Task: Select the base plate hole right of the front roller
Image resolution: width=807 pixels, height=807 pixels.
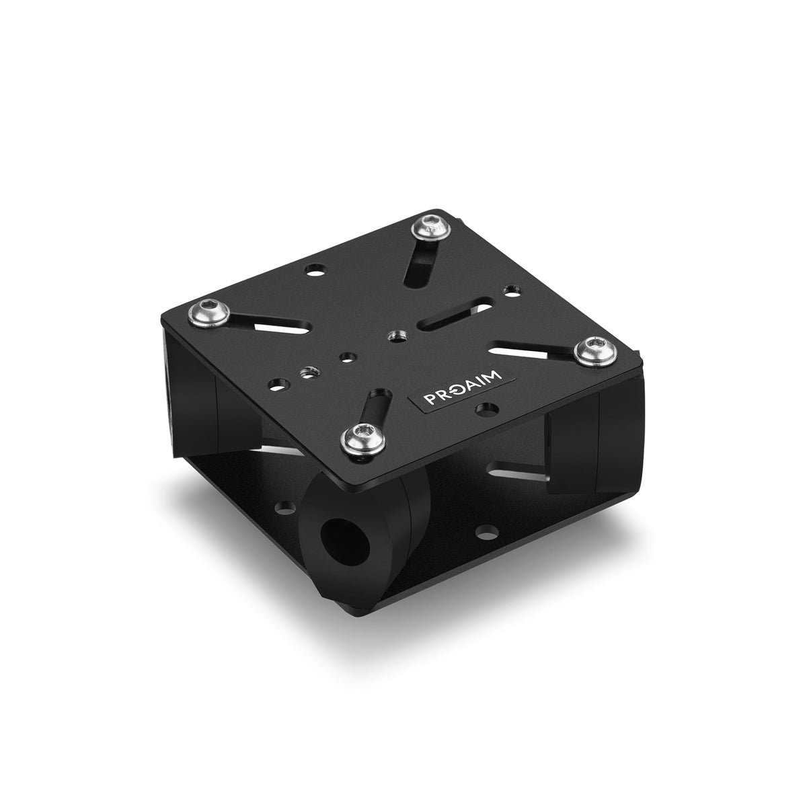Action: [x=483, y=534]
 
